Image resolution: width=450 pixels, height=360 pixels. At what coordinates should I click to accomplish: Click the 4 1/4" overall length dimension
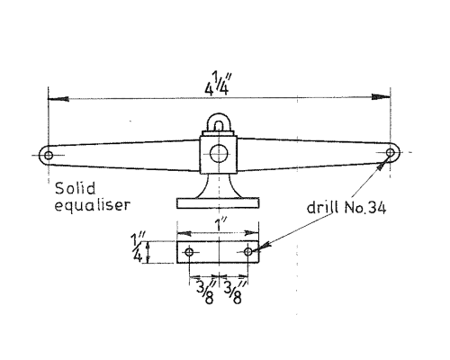(x=218, y=84)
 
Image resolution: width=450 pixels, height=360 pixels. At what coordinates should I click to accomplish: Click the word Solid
(x=76, y=189)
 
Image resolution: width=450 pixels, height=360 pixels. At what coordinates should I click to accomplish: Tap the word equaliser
(x=93, y=205)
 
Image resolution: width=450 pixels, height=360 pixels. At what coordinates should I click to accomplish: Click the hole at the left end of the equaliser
(x=49, y=156)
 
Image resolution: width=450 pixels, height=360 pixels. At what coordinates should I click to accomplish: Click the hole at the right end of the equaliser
(x=391, y=152)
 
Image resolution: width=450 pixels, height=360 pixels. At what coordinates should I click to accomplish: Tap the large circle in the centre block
(x=219, y=153)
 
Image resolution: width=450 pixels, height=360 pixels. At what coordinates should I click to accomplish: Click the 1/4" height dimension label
(x=137, y=247)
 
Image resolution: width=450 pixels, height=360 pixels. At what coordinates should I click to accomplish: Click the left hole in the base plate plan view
(x=189, y=252)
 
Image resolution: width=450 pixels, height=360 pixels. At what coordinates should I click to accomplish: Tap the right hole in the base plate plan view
(x=248, y=251)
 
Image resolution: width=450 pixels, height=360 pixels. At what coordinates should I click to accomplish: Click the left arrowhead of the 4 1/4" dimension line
(x=58, y=99)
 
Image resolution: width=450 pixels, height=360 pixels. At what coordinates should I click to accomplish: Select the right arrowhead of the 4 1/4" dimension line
(x=381, y=96)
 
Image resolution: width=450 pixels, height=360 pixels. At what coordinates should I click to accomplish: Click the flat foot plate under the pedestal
(x=218, y=202)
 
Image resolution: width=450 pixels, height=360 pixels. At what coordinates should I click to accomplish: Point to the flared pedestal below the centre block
(x=218, y=186)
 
